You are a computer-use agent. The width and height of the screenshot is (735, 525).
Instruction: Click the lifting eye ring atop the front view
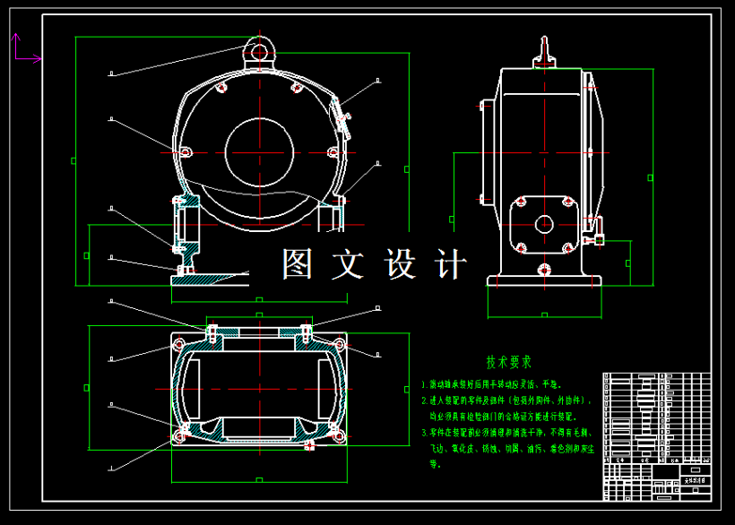coord(259,52)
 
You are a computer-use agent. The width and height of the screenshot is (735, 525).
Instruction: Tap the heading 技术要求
coord(509,362)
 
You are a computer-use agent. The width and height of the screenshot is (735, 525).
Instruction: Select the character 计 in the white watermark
coord(450,263)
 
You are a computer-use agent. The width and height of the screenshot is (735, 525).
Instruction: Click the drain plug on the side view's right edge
coord(598,239)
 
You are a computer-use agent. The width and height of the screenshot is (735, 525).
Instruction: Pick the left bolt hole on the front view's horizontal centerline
coord(185,152)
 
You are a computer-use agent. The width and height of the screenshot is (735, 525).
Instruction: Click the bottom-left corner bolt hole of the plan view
coord(180,436)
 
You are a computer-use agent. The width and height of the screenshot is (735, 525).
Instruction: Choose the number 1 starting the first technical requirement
coord(425,383)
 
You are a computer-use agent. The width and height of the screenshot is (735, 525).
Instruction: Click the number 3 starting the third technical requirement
coord(425,432)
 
